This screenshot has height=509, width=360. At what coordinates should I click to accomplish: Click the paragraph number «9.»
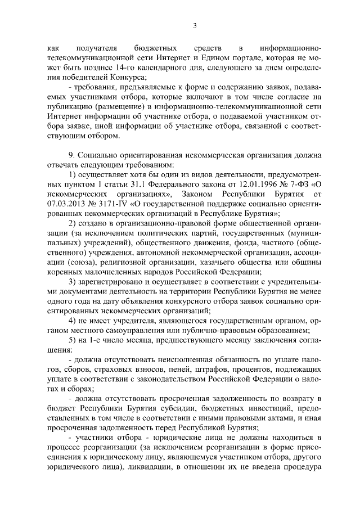[71, 154]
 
